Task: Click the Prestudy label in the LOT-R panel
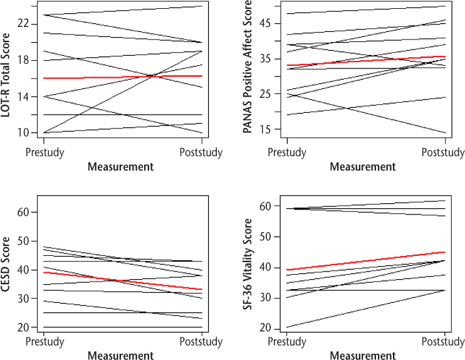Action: (44, 152)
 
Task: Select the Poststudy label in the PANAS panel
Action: (444, 152)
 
